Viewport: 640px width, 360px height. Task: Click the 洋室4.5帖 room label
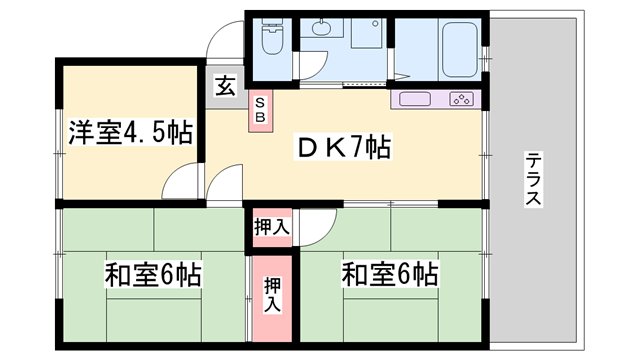click(x=130, y=131)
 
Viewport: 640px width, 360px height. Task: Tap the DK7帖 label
click(x=343, y=147)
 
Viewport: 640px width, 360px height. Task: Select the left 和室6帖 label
click(x=153, y=275)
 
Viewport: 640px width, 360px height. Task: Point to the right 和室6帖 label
click(x=390, y=274)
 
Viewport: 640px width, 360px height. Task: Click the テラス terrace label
click(x=533, y=179)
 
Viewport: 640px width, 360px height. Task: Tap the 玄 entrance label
click(x=225, y=86)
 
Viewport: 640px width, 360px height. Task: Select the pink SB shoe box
click(x=260, y=110)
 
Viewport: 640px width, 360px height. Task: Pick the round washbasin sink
click(x=322, y=27)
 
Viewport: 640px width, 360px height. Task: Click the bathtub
click(x=460, y=49)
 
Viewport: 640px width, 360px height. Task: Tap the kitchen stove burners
click(x=462, y=99)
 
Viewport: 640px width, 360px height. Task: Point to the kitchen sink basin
click(x=415, y=99)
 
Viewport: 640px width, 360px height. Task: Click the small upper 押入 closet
click(x=272, y=227)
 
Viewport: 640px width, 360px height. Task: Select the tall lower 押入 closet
click(x=272, y=298)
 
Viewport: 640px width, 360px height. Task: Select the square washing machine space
click(x=367, y=33)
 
